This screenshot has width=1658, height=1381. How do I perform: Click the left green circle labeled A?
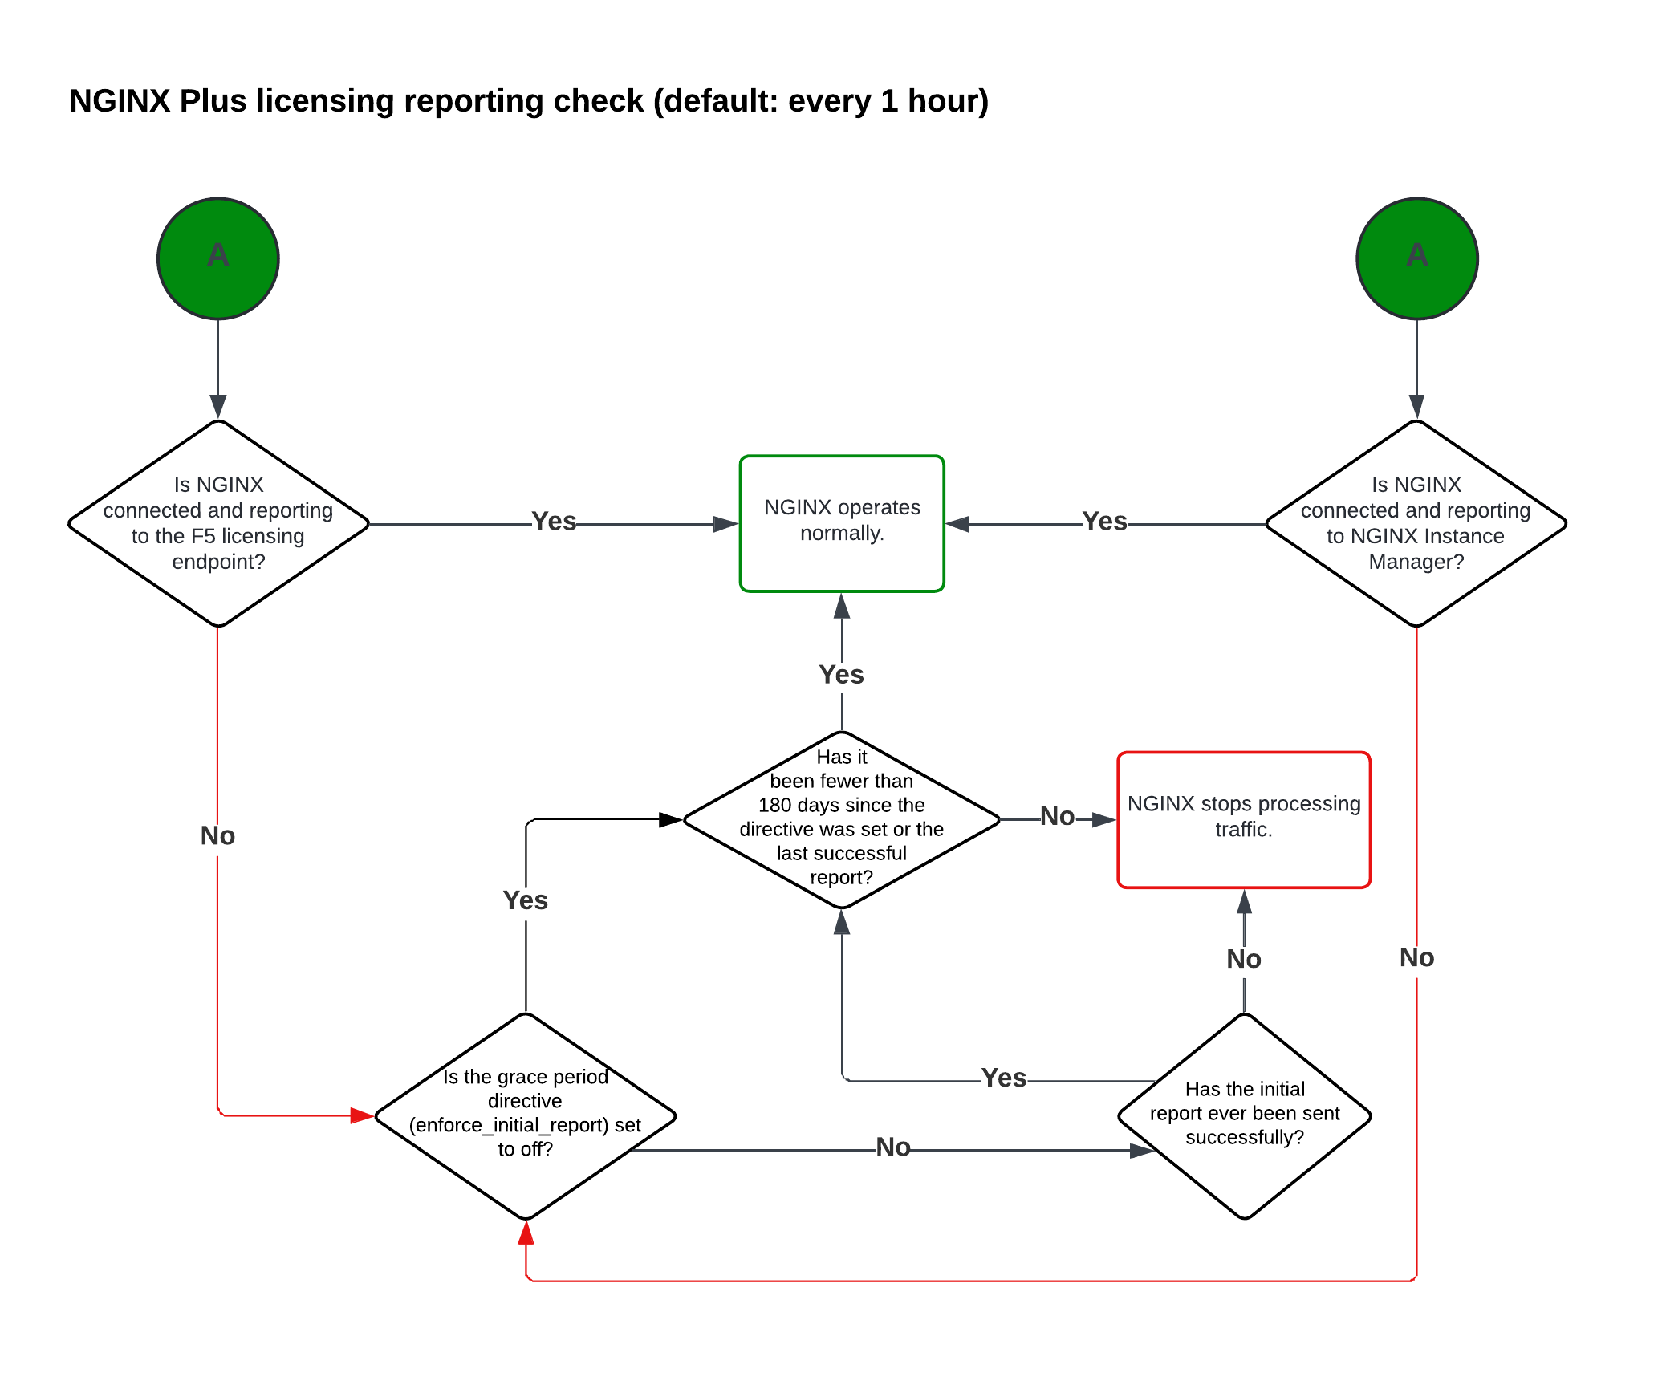pyautogui.click(x=217, y=258)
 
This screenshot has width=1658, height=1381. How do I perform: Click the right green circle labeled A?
pyautogui.click(x=1416, y=258)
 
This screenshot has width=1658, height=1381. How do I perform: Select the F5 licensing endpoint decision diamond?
pyautogui.click(x=218, y=523)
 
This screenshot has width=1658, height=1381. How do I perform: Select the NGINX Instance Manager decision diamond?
pyautogui.click(x=1416, y=523)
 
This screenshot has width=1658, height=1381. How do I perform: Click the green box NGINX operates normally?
pyautogui.click(x=841, y=523)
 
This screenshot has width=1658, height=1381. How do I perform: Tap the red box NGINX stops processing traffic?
pyautogui.click(x=1243, y=819)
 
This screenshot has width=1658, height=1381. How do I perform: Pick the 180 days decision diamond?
pyautogui.click(x=841, y=819)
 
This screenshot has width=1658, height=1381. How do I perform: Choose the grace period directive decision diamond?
pyautogui.click(x=525, y=1115)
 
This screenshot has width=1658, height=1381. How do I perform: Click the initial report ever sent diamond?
pyautogui.click(x=1244, y=1115)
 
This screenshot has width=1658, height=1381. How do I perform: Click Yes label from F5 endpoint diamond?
pyautogui.click(x=554, y=522)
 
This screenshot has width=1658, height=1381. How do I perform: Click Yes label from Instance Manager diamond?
pyautogui.click(x=1104, y=522)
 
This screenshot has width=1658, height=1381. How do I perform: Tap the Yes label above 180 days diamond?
pyautogui.click(x=841, y=675)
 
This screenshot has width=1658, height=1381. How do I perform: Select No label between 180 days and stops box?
pyautogui.click(x=1057, y=817)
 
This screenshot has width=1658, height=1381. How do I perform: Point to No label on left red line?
pyautogui.click(x=217, y=836)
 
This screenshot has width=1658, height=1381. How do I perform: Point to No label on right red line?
pyautogui.click(x=1416, y=958)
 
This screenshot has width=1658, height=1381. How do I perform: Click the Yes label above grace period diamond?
pyautogui.click(x=525, y=900)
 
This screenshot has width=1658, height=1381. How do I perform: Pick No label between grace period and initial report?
pyautogui.click(x=892, y=1147)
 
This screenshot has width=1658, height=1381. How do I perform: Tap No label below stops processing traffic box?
pyautogui.click(x=1243, y=959)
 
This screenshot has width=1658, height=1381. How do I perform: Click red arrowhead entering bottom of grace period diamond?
pyautogui.click(x=526, y=1233)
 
